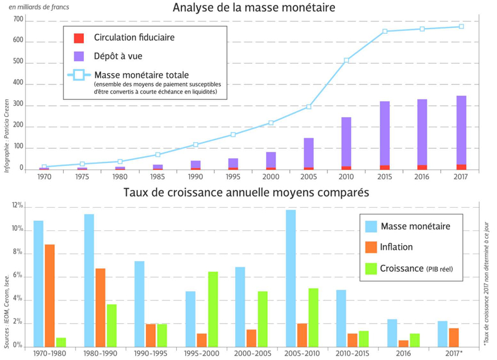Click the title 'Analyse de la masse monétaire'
tap(254, 8)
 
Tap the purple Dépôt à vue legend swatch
tap(79, 56)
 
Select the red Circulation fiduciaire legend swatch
tap(79, 38)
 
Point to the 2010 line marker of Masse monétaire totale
tap(346, 60)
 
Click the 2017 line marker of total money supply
tap(461, 27)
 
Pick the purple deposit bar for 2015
tap(385, 133)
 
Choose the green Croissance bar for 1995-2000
tap(212, 309)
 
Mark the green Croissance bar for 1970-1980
tap(61, 342)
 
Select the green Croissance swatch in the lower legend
tap(371, 268)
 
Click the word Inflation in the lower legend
tap(396, 247)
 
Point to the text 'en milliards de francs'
tap(39, 7)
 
